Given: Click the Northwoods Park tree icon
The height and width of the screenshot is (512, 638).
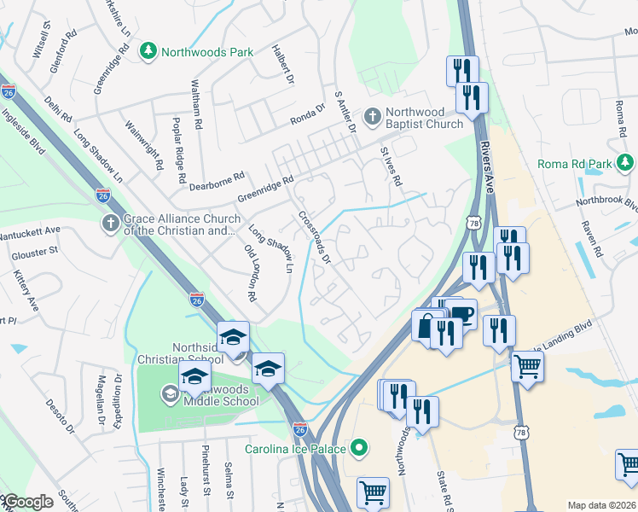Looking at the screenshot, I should click(149, 52).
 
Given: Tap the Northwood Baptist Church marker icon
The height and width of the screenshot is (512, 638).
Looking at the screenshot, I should click(372, 115).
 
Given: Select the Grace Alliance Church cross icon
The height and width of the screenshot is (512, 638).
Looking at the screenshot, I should click(110, 224).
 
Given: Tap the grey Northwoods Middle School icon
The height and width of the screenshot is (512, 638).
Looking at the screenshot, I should click(170, 393).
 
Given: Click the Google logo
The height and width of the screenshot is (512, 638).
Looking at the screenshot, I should click(28, 502).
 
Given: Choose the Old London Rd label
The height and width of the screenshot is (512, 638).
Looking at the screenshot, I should click(250, 274).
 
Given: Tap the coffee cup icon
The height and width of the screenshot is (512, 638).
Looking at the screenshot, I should click(461, 313).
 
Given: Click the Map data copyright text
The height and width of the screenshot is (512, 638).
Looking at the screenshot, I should click(601, 505).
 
